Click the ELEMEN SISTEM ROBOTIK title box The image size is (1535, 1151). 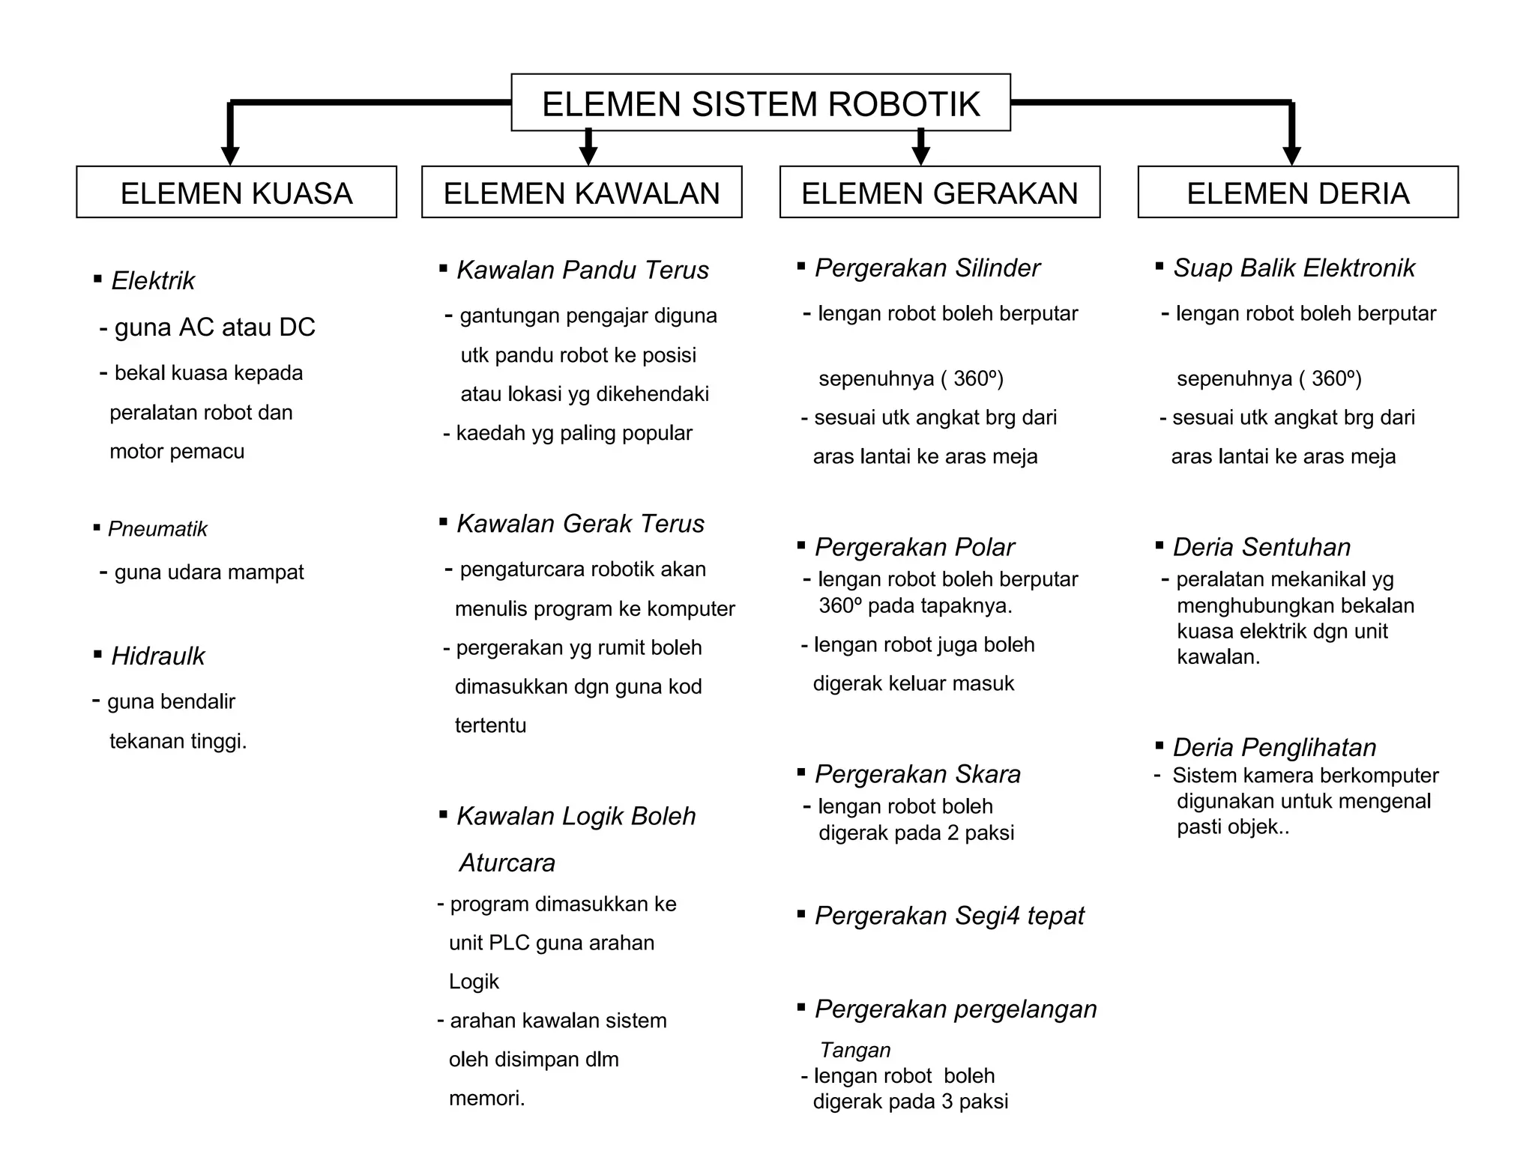click(760, 103)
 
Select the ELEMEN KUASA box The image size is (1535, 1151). click(236, 193)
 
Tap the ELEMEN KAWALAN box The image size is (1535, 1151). click(582, 193)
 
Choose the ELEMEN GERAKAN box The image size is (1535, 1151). click(939, 193)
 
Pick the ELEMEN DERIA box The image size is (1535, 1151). click(1297, 193)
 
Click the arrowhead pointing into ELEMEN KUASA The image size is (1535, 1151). click(230, 154)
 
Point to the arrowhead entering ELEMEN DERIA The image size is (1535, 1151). click(1291, 154)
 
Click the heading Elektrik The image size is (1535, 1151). click(153, 281)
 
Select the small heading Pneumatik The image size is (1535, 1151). click(157, 529)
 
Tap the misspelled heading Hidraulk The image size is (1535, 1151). click(157, 656)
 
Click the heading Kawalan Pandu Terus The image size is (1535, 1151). click(582, 270)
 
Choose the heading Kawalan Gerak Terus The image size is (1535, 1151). click(580, 524)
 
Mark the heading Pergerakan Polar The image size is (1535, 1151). click(914, 547)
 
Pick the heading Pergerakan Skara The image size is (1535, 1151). click(917, 774)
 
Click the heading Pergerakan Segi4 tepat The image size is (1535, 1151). click(949, 916)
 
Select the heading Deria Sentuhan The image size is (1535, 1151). click(1261, 547)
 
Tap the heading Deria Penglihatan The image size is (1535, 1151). click(1274, 747)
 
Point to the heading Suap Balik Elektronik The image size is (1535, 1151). click(1294, 268)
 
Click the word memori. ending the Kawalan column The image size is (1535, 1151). click(486, 1099)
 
